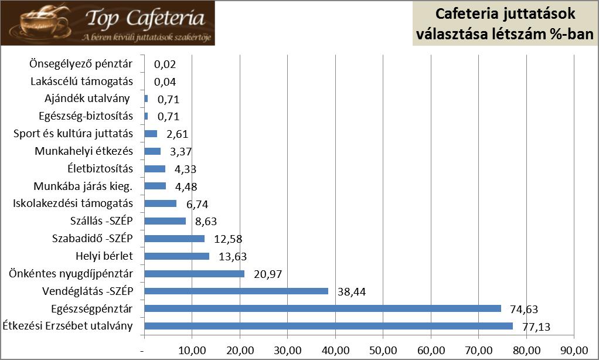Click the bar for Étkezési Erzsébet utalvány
[x=328, y=326]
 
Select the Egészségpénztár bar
[x=322, y=308]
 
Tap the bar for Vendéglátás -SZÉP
[x=236, y=291]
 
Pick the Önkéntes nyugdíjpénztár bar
[x=194, y=273]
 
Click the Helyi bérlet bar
[x=176, y=256]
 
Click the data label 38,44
[x=351, y=292]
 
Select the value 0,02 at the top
[x=165, y=64]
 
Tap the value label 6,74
[x=196, y=205]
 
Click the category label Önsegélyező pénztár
[x=81, y=64]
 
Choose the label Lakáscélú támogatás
[x=81, y=81]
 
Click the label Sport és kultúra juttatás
[x=73, y=134]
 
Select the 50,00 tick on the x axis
[x=383, y=351]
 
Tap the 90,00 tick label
[x=574, y=351]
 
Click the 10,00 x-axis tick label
[x=192, y=351]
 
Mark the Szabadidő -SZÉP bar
[x=174, y=238]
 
